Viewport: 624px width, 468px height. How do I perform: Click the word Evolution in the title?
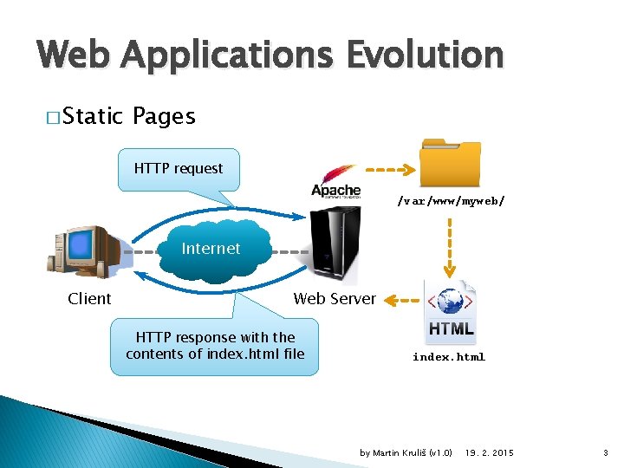pos(424,55)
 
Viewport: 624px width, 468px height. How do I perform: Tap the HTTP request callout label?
pos(179,169)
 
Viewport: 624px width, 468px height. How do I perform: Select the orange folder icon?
pos(450,163)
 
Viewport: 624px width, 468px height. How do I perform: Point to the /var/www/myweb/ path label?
pos(451,201)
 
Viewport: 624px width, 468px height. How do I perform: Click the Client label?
pos(89,299)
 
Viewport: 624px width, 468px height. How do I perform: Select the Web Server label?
pos(335,299)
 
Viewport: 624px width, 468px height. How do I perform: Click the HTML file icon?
pos(451,311)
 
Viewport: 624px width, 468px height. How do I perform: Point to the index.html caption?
pos(449,357)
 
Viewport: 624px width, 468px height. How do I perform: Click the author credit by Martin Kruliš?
pos(406,453)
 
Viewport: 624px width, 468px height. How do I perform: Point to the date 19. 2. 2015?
pos(489,453)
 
